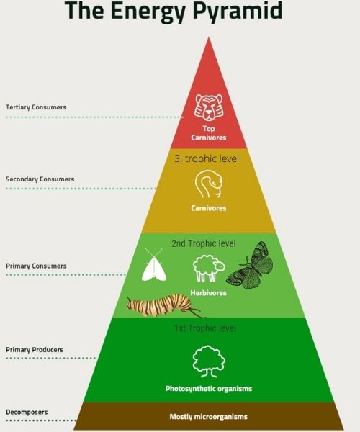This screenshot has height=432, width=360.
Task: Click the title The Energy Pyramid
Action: pyautogui.click(x=174, y=11)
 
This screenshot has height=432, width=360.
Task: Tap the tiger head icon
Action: pyautogui.click(x=209, y=107)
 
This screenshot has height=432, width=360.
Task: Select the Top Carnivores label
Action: pyautogui.click(x=209, y=133)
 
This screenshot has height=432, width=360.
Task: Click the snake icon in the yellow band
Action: pyautogui.click(x=209, y=184)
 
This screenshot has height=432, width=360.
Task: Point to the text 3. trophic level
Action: pyautogui.click(x=207, y=158)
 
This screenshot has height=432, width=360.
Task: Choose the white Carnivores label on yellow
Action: pyautogui.click(x=209, y=208)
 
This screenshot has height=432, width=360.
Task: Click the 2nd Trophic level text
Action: pyautogui.click(x=204, y=243)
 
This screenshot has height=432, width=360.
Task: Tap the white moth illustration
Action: pyautogui.click(x=154, y=265)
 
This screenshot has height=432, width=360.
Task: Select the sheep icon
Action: pyautogui.click(x=209, y=269)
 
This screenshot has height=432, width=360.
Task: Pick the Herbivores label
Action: pyautogui.click(x=209, y=293)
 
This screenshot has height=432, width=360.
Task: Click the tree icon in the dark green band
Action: pyautogui.click(x=209, y=361)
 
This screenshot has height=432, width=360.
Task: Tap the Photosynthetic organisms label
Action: pyautogui.click(x=209, y=389)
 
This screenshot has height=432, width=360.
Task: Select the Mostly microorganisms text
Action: pyautogui.click(x=209, y=417)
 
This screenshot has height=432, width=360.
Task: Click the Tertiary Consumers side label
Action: pyautogui.click(x=36, y=107)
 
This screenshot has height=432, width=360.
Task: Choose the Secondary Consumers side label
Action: pyautogui.click(x=40, y=179)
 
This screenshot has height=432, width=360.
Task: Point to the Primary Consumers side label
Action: pyautogui.click(x=36, y=266)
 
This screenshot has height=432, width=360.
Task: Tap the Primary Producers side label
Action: pyautogui.click(x=35, y=350)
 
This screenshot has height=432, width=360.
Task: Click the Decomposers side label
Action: pyautogui.click(x=27, y=413)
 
